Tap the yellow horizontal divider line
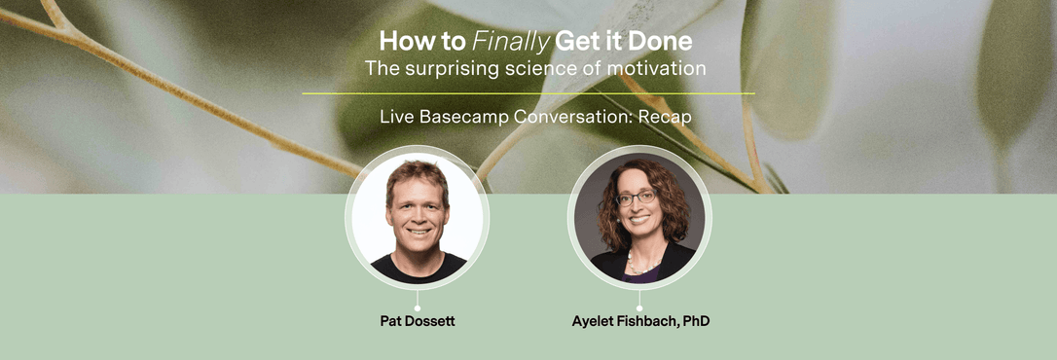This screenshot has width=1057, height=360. tap(528, 93)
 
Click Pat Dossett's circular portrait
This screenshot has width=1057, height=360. tap(418, 218)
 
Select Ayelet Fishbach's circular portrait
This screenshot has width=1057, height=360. tap(639, 218)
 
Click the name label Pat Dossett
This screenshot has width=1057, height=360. tap(418, 320)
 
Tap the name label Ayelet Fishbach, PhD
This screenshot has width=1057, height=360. tap(640, 320)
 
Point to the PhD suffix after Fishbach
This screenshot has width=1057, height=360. tap(696, 320)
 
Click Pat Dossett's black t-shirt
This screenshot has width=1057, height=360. tap(419, 269)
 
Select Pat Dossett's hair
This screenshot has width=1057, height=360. tap(418, 173)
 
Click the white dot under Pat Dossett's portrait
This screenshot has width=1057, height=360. tap(418, 307)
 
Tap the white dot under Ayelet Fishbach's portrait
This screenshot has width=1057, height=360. tap(639, 307)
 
